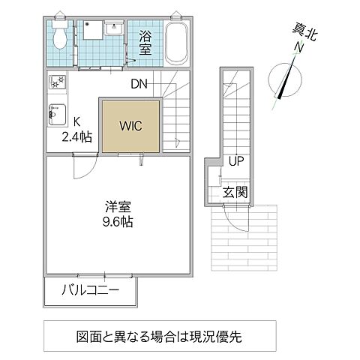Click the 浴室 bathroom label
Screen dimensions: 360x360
tap(145, 40)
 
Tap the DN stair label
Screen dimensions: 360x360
tap(139, 84)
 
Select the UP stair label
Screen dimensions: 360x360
tap(235, 160)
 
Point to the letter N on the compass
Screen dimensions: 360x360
tap(299, 48)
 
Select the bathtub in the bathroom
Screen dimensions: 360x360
tap(177, 43)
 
